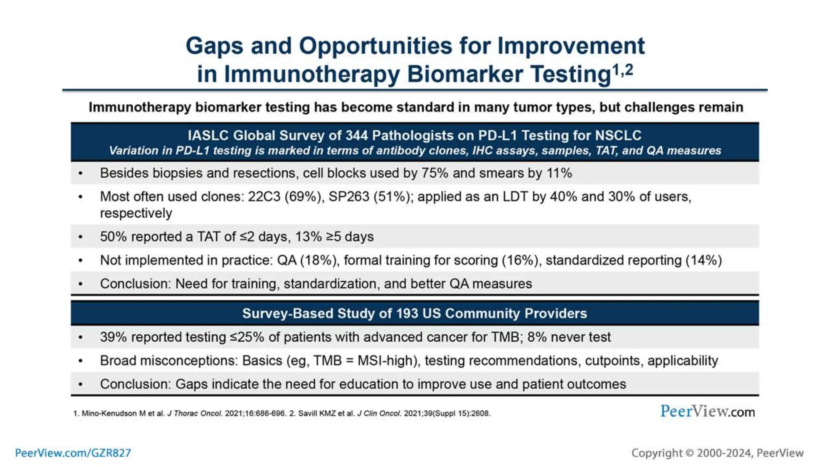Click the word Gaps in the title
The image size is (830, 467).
tap(214, 46)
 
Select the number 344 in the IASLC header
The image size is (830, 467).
tap(357, 135)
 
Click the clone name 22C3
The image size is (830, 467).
tap(264, 197)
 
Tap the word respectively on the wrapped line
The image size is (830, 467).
tap(136, 213)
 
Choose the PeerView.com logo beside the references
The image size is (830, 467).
tap(707, 411)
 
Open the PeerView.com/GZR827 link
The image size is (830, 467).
tap(73, 453)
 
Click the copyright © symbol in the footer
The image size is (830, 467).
tap(689, 453)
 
